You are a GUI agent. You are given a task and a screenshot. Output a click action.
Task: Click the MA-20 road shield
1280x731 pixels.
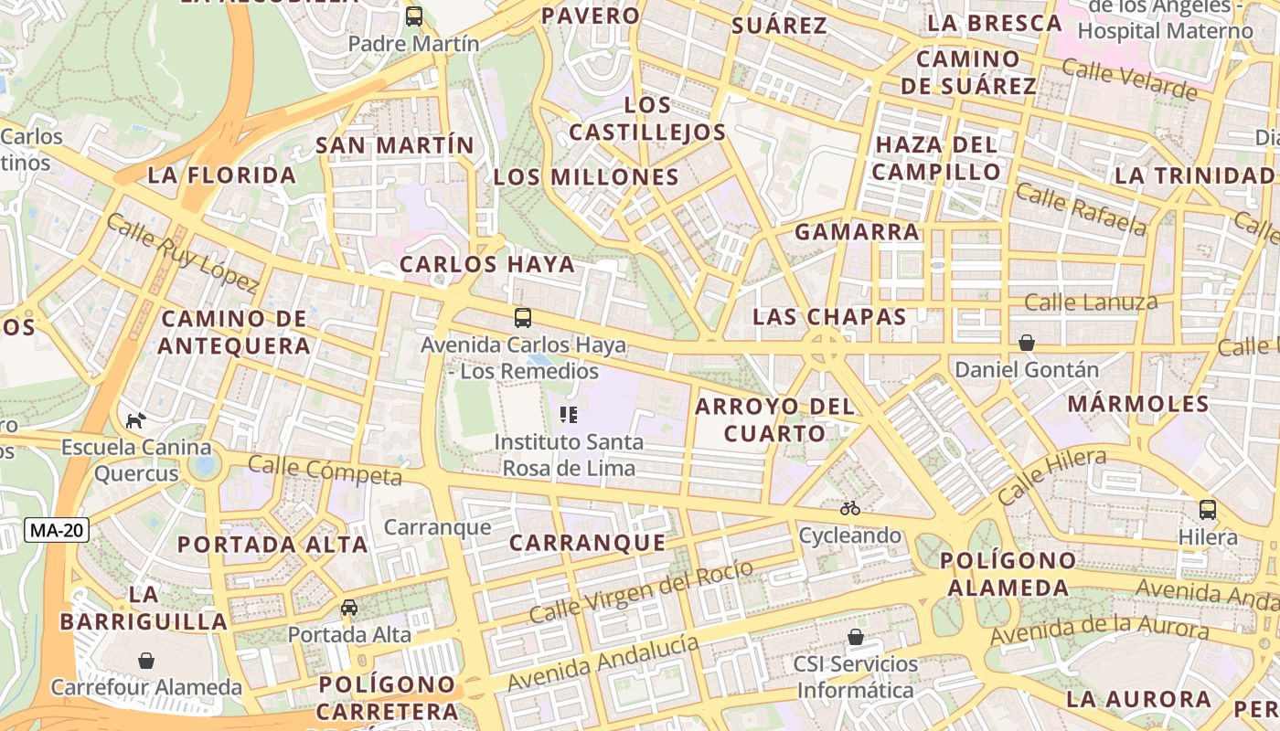click(x=57, y=530)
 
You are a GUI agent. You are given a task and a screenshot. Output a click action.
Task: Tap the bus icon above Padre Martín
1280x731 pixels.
click(x=414, y=16)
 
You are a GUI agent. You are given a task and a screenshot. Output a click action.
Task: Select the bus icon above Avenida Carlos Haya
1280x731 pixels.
click(x=523, y=318)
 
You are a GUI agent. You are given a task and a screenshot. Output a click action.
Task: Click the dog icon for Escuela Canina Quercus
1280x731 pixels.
click(x=136, y=420)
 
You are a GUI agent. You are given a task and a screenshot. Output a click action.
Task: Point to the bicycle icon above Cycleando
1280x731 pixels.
click(x=850, y=508)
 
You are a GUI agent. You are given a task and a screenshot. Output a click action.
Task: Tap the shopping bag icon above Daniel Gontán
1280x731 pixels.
click(x=1027, y=343)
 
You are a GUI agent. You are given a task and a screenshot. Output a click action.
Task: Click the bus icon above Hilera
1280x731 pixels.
click(x=1208, y=510)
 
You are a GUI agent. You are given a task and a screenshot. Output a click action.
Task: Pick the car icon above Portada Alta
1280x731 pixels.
click(x=349, y=608)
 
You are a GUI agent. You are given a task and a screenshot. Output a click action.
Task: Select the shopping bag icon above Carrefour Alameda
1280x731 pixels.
click(x=146, y=660)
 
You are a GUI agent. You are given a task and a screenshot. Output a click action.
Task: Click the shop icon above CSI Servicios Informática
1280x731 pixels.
click(x=856, y=637)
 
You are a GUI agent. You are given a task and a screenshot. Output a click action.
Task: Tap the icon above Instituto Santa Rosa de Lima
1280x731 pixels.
click(x=569, y=415)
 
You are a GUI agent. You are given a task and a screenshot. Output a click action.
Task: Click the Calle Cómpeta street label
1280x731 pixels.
click(x=325, y=471)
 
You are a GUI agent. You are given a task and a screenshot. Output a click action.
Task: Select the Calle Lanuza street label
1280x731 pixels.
click(x=1091, y=302)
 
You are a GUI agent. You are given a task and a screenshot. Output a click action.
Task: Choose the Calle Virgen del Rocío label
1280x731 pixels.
click(x=642, y=590)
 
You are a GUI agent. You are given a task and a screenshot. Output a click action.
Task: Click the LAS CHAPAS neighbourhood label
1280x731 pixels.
click(x=829, y=317)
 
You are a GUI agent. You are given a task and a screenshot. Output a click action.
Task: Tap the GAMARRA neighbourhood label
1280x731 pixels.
click(x=857, y=232)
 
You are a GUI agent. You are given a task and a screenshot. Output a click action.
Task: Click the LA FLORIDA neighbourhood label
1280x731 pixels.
click(x=222, y=175)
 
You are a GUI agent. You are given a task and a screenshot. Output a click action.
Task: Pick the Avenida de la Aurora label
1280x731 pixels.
click(x=1099, y=630)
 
